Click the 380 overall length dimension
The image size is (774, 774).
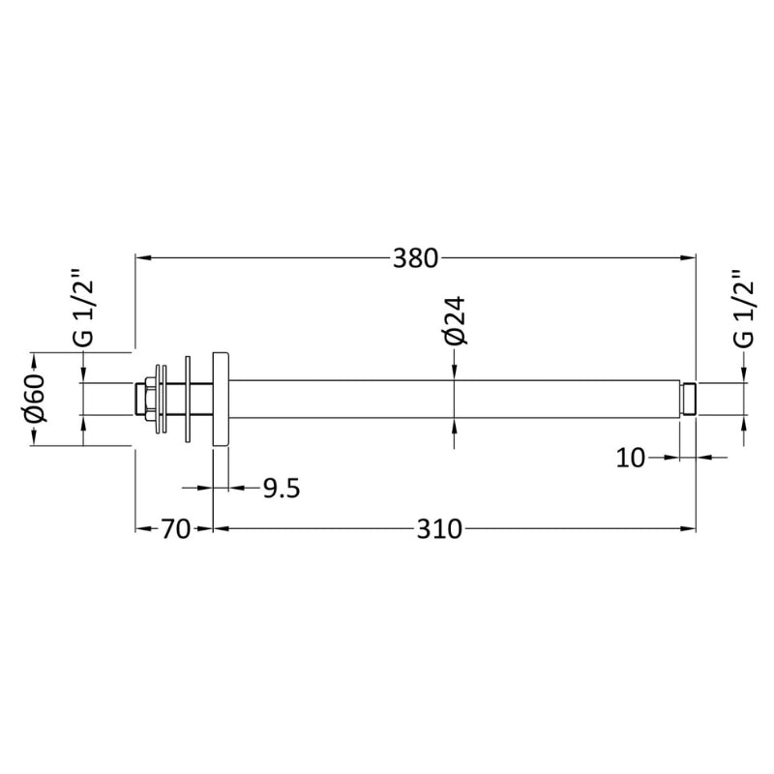point(415,258)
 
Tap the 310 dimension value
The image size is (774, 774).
point(439,529)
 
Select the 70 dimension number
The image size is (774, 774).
point(176,529)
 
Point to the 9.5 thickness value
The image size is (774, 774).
point(282,489)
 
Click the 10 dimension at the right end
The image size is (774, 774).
point(631,458)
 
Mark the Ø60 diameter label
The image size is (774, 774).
point(35,399)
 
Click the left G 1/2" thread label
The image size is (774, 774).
point(82,307)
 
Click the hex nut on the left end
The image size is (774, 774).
point(148,399)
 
